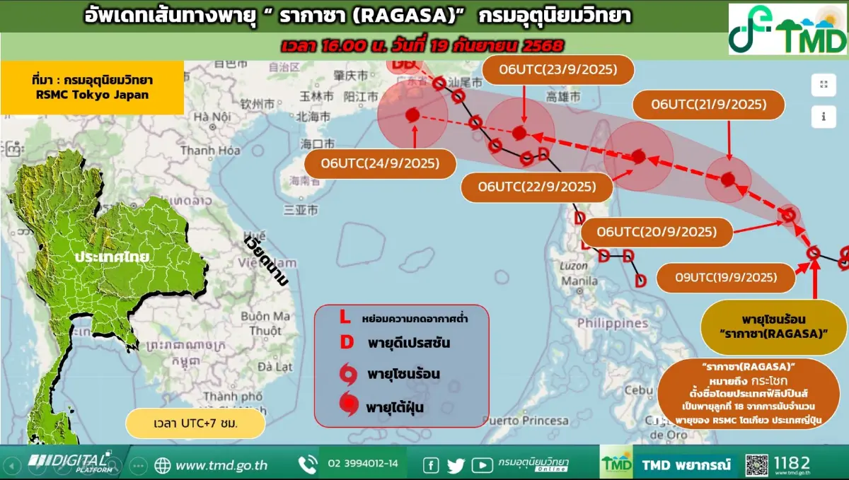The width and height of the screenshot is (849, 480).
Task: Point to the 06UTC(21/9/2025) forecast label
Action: pyautogui.click(x=709, y=105)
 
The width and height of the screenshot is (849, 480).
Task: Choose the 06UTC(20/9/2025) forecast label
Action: pyautogui.click(x=656, y=232)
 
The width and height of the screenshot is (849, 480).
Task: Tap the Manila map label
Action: pyautogui.click(x=579, y=281)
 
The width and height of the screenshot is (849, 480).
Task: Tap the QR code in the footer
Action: pyautogui.click(x=756, y=464)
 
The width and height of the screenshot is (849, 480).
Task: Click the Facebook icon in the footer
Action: pyautogui.click(x=430, y=464)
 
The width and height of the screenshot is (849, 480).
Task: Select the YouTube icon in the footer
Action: pyautogui.click(x=482, y=464)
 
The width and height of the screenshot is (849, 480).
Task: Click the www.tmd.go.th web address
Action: pyautogui.click(x=221, y=464)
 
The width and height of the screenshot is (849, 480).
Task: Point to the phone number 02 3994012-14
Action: pyautogui.click(x=363, y=464)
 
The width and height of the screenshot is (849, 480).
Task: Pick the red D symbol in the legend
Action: pyautogui.click(x=347, y=343)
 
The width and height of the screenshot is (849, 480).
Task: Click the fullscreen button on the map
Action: pyautogui.click(x=824, y=85)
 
